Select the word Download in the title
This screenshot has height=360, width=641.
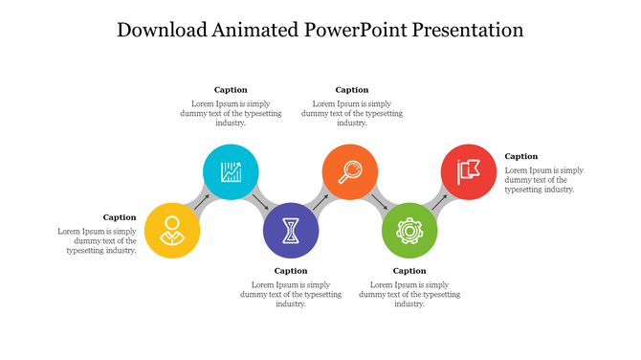160,30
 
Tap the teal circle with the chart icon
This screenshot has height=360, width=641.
232,172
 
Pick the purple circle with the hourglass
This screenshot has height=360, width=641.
291,231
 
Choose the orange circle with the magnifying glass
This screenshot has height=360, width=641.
350,172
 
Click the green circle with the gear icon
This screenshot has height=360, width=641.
409,231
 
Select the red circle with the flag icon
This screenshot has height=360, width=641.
469,172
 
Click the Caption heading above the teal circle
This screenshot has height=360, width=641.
231,90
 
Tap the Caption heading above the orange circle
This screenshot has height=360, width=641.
351,90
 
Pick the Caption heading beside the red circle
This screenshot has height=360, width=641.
521,156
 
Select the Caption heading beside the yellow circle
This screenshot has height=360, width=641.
120,217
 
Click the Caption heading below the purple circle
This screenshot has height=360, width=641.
291,271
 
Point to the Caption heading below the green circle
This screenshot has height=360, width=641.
409,271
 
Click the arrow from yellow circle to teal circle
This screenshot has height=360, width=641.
202,202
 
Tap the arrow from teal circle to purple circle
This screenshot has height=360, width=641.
261,202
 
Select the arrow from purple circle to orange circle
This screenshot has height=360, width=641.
320,202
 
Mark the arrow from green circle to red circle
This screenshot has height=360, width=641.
439,202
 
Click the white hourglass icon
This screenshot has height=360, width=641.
291,231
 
